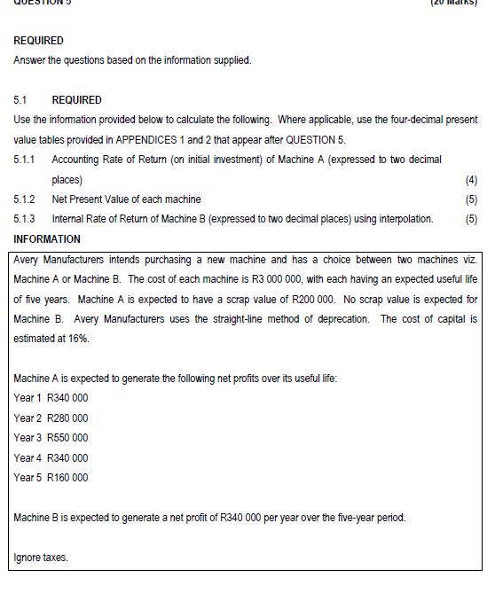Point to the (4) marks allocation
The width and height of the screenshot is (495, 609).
pyautogui.click(x=471, y=179)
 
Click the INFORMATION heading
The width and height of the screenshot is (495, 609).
pyautogui.click(x=47, y=239)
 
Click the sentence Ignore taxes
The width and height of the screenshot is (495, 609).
pyautogui.click(x=41, y=558)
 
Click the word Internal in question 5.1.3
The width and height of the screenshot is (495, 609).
pyautogui.click(x=71, y=219)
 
